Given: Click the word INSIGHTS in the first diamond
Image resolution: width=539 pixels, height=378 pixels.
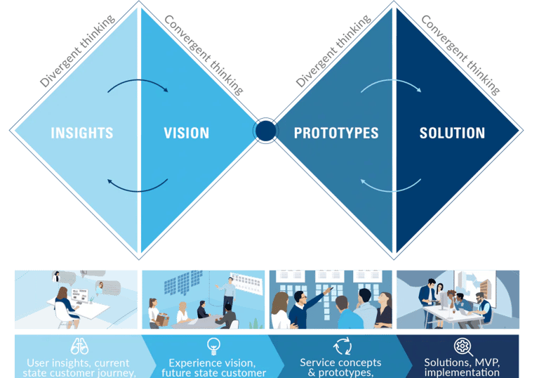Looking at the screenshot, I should point(82,133).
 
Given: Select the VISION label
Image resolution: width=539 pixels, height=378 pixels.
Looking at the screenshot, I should point(186,133).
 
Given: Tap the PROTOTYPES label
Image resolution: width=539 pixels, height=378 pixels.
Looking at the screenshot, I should point(336,133).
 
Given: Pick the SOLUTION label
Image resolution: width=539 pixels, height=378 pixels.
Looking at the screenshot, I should point(452,133).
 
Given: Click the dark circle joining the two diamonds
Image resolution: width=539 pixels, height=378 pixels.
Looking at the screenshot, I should point(265,131).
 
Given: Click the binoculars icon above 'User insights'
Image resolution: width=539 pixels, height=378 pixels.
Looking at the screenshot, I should point(79,346).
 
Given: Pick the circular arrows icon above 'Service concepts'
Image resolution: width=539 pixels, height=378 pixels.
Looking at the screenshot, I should point(342,346).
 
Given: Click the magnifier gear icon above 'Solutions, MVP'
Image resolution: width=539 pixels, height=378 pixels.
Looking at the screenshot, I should point(462,346).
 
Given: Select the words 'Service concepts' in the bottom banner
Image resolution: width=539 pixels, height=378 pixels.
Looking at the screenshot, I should point(340,363).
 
